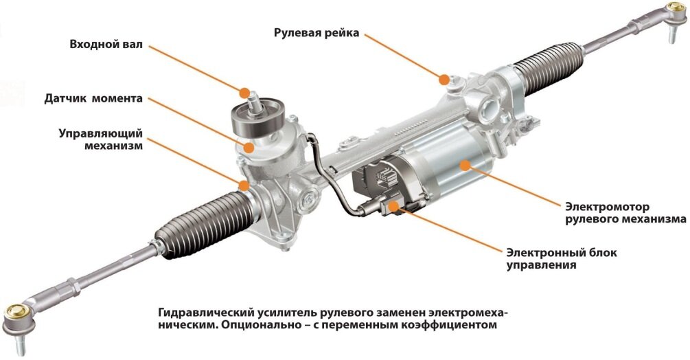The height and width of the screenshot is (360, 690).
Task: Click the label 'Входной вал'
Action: (x=106, y=45)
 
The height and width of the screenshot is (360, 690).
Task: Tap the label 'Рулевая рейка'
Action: (x=317, y=33)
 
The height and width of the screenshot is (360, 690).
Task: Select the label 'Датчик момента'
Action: (x=93, y=98)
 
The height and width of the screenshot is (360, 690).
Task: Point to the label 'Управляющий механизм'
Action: (x=101, y=139)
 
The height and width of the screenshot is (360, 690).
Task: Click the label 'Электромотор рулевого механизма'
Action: (x=625, y=212)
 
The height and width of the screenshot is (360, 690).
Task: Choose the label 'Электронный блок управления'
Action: (x=562, y=259)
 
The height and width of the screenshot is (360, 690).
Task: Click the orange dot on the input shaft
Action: (x=244, y=93)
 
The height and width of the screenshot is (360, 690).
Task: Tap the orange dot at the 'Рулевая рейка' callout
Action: (x=444, y=80)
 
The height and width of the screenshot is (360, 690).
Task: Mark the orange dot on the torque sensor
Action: (x=249, y=148)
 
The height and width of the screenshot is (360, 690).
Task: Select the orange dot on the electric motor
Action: (x=464, y=165)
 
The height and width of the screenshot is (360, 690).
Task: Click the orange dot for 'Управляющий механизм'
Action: (x=244, y=185)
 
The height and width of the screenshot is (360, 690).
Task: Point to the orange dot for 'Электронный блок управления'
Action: (x=393, y=204)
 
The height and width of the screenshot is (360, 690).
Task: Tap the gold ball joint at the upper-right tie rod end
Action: (x=675, y=8)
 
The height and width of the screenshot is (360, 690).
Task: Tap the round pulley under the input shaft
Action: (x=257, y=119)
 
